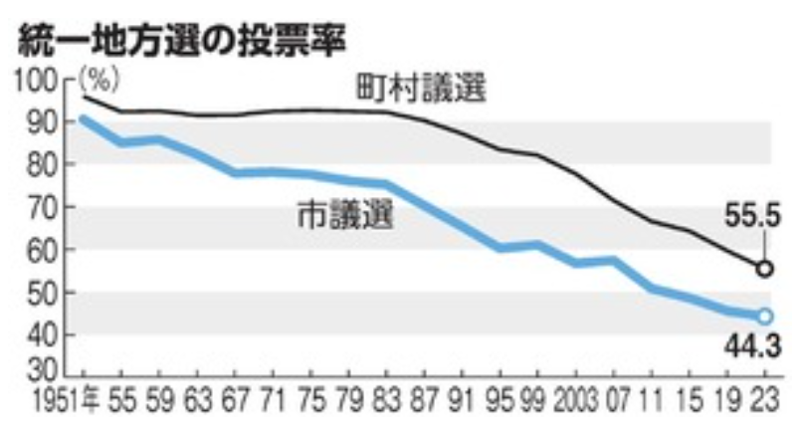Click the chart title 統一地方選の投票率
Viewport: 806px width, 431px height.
click(x=182, y=41)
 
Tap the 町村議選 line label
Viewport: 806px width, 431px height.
click(x=422, y=89)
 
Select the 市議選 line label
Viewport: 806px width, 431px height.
click(x=346, y=214)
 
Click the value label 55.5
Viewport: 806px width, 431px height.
click(x=752, y=215)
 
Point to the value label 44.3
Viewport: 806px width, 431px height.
click(x=752, y=345)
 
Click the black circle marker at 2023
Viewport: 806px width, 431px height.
click(x=765, y=269)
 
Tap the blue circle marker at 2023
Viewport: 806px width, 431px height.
click(x=765, y=317)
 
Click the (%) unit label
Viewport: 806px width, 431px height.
click(x=100, y=81)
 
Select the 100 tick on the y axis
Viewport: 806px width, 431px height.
click(x=43, y=82)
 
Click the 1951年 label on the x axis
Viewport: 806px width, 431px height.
click(x=67, y=401)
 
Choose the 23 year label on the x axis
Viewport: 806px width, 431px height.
click(x=766, y=401)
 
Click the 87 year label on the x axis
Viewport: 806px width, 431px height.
click(x=425, y=401)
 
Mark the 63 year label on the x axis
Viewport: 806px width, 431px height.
click(x=197, y=401)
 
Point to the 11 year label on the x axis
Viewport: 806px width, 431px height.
click(x=651, y=401)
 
